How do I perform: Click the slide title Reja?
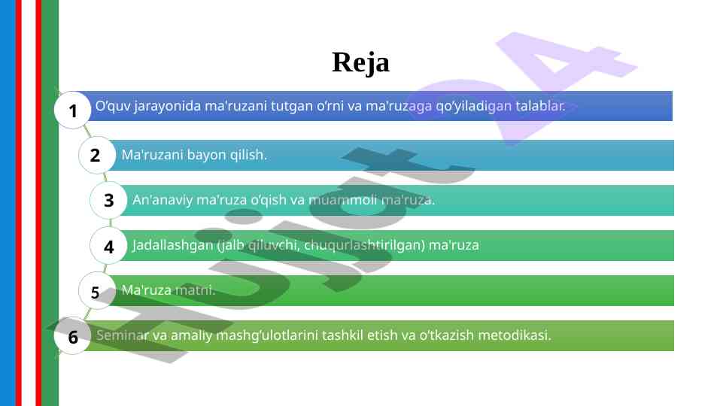point(360,63)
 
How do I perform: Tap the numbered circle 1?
point(72,110)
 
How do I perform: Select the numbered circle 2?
point(97,155)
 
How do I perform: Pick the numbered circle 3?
point(108,200)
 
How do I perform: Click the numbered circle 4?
point(108,246)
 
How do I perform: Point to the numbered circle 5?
point(97,291)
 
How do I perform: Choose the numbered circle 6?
point(72,336)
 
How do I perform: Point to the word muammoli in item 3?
point(342,200)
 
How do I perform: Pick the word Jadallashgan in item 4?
point(173,245)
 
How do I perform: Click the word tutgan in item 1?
point(292,107)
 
